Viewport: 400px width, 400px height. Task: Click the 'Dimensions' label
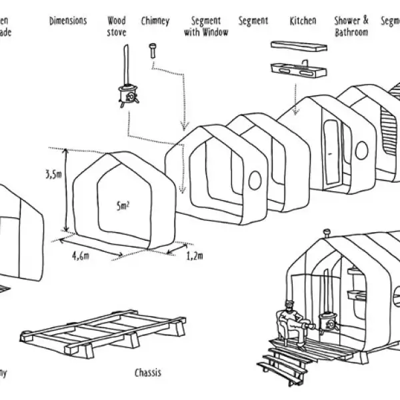68,21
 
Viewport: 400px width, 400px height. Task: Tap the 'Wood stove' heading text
117,26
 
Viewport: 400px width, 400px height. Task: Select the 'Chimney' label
155,21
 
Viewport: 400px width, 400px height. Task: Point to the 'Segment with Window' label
205,26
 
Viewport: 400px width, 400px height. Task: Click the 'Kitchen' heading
303,21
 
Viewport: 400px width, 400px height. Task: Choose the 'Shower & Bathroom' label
351,26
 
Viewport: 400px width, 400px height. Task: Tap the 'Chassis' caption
147,372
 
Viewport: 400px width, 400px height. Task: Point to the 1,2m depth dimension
194,255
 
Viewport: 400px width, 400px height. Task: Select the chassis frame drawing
93,333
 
